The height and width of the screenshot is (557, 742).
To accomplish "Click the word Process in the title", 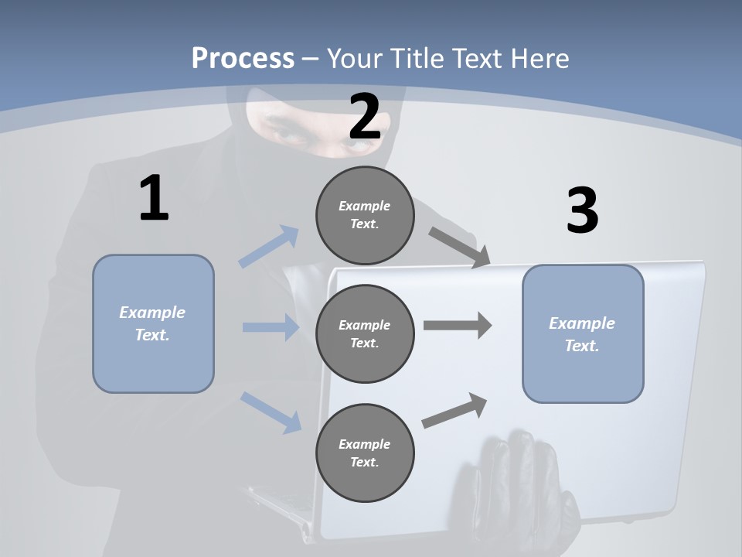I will click(x=243, y=58).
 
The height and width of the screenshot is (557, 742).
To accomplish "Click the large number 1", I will click(x=154, y=199).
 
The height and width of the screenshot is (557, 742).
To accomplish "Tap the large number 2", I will click(x=365, y=117).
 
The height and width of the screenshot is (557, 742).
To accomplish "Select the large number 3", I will click(x=582, y=211).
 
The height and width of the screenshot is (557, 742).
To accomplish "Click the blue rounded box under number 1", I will click(x=153, y=323).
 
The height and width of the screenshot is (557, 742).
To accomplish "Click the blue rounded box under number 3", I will click(x=583, y=333).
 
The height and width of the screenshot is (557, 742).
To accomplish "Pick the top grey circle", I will click(x=365, y=215).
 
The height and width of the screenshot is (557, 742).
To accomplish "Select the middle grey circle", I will click(x=365, y=333).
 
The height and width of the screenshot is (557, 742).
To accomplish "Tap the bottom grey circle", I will click(x=365, y=453).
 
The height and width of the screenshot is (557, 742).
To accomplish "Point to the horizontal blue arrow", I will click(x=271, y=327).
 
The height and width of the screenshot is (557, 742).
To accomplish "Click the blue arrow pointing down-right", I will click(x=271, y=412).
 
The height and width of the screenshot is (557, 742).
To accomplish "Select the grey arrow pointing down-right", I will click(x=459, y=248).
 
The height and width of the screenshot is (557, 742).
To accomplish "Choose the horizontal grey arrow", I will click(x=458, y=326).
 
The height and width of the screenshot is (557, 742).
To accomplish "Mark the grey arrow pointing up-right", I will click(x=454, y=411).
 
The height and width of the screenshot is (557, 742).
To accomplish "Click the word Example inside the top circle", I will click(x=364, y=206).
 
